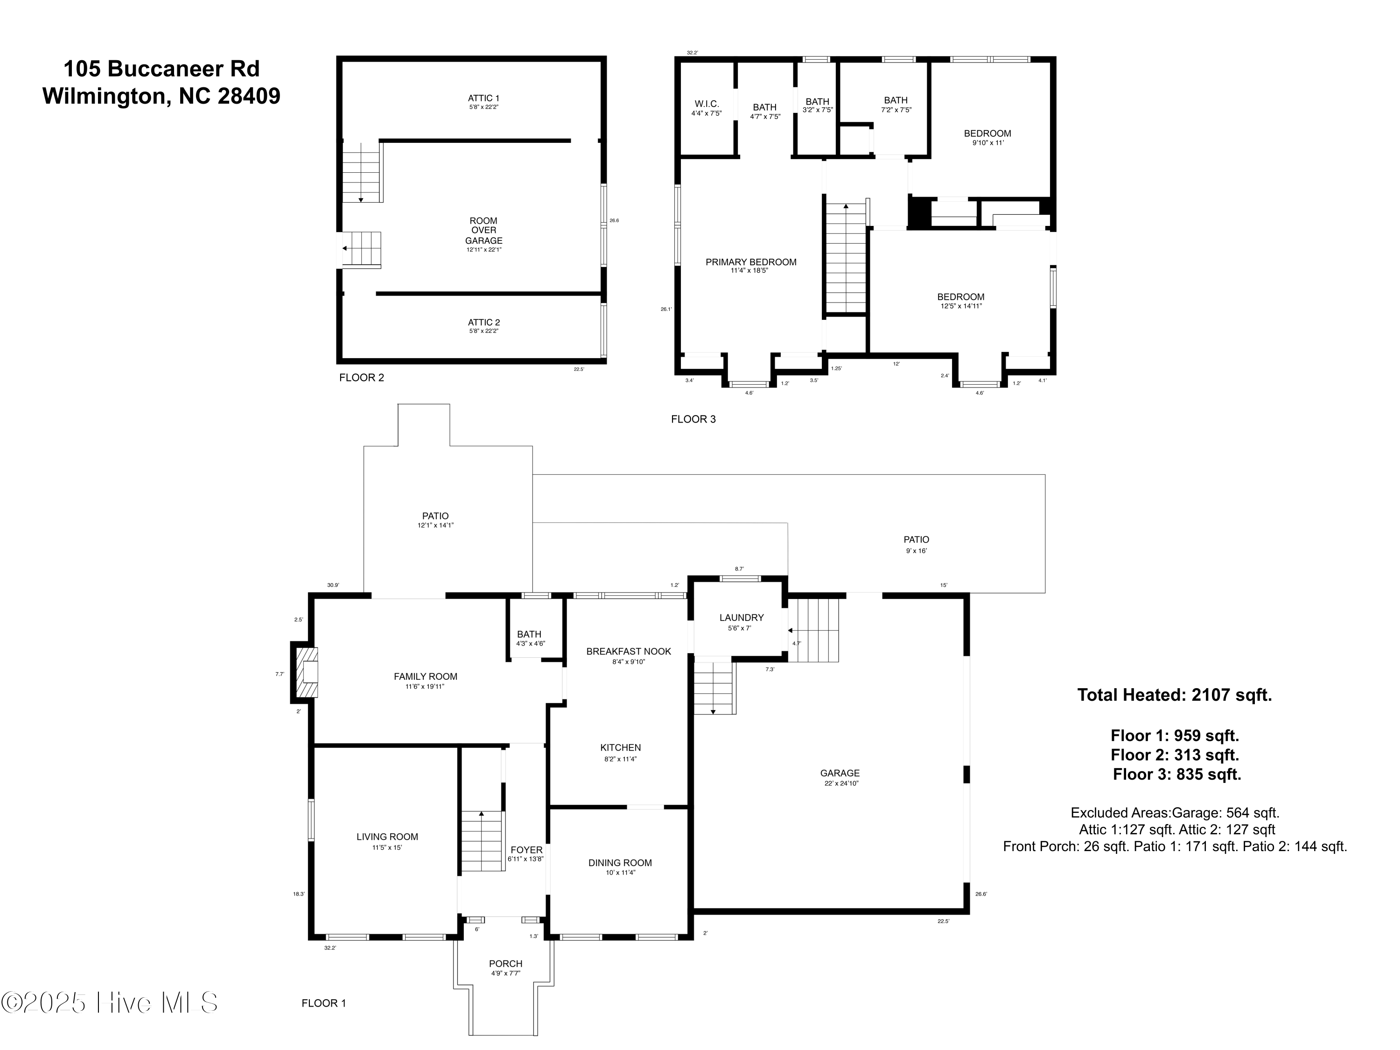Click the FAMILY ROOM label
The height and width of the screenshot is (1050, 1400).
click(425, 677)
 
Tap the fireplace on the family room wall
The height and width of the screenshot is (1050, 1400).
click(306, 672)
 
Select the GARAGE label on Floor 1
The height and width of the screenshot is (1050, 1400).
click(840, 773)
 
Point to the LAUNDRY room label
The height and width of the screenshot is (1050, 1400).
click(741, 618)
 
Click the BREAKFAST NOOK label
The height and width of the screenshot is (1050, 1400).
click(629, 651)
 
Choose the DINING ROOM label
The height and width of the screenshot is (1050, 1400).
click(620, 862)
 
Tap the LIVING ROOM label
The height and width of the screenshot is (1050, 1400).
click(387, 837)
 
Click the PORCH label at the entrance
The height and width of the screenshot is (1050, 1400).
click(506, 963)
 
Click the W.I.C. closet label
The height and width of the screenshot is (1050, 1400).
click(707, 104)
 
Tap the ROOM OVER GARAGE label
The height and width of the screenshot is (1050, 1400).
click(483, 231)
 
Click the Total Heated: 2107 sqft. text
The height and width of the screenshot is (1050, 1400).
click(1175, 695)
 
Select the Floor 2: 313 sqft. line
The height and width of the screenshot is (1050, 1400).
click(1175, 755)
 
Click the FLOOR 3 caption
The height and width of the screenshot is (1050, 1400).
click(693, 419)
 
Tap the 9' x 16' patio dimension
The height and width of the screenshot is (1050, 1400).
click(917, 551)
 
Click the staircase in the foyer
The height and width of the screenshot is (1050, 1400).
click(482, 840)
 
